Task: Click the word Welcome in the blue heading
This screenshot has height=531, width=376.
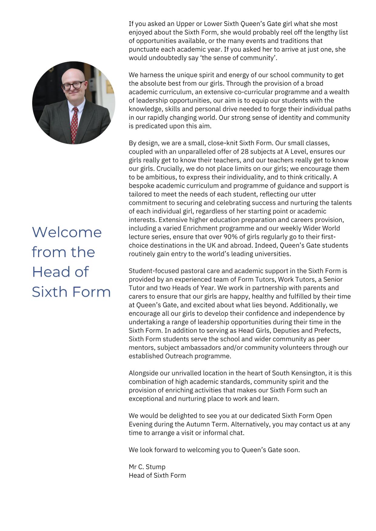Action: tap(67, 232)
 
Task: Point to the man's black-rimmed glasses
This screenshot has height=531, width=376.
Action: tap(73, 86)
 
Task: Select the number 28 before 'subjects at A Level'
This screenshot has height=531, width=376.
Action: tap(245, 151)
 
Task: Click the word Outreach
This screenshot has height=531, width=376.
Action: tap(179, 356)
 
